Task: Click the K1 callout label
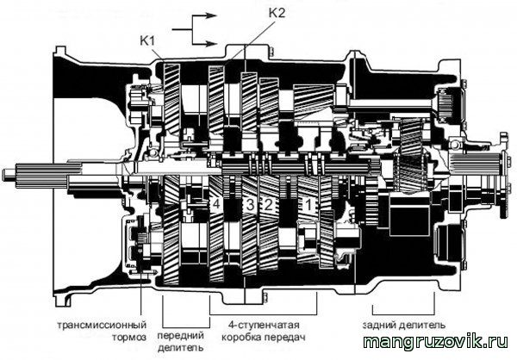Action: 147,40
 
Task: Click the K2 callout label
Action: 277,13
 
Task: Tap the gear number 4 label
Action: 216,204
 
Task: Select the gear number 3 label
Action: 250,205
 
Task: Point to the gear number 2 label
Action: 268,205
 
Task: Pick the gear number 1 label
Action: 308,205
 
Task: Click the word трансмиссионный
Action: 102,325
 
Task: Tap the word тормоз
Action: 129,338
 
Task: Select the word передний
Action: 181,337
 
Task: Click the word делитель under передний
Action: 181,348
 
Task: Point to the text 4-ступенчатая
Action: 264,325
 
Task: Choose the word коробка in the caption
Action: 241,338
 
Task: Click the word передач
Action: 285,338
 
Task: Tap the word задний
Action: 379,325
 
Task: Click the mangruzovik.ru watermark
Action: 436,342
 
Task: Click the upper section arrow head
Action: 211,16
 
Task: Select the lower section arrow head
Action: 211,44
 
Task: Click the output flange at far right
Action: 504,175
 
